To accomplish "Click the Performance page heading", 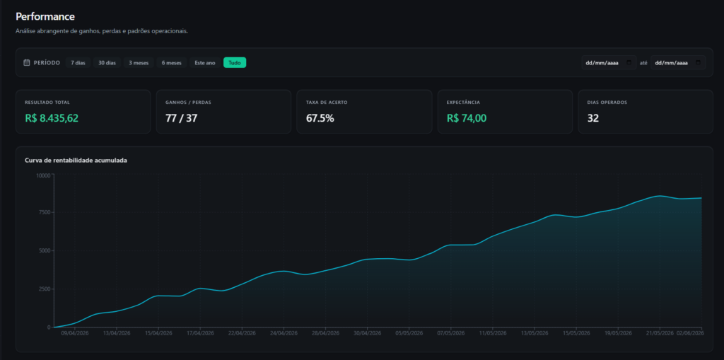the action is pos(45,17).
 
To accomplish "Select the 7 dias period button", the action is pos(78,63).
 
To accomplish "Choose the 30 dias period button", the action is pos(107,63).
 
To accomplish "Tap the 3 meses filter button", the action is pos(139,63).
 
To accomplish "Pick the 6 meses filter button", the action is pos(171,63).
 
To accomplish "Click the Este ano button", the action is pos(205,63).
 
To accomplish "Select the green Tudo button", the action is pos(235,63).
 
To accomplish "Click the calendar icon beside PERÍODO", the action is pos(27,63).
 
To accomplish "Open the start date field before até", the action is pos(609,63).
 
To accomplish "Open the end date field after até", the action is pos(678,63).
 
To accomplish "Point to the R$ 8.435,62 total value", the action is pos(52,118).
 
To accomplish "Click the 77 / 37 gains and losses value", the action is pos(182,118).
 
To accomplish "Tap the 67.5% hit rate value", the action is pos(320,118).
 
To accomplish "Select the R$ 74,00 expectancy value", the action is pos(467,118).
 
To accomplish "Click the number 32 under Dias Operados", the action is pos(593,118).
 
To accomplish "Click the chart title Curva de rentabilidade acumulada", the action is pos(76,161).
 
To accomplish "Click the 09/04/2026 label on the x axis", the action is pos(75,333).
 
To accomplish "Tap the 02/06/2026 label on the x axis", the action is pos(690,333).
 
